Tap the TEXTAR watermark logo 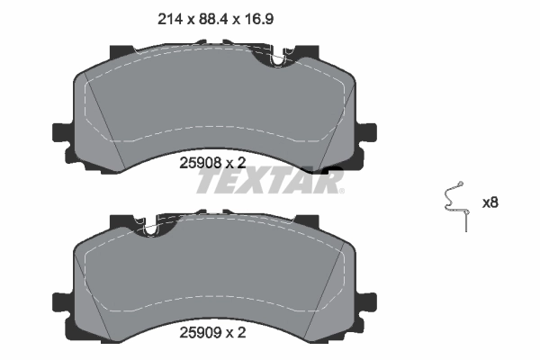[270, 183]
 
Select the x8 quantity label [490, 202]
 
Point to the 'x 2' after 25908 [235, 162]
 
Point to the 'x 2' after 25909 [235, 332]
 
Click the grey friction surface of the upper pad [216, 103]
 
